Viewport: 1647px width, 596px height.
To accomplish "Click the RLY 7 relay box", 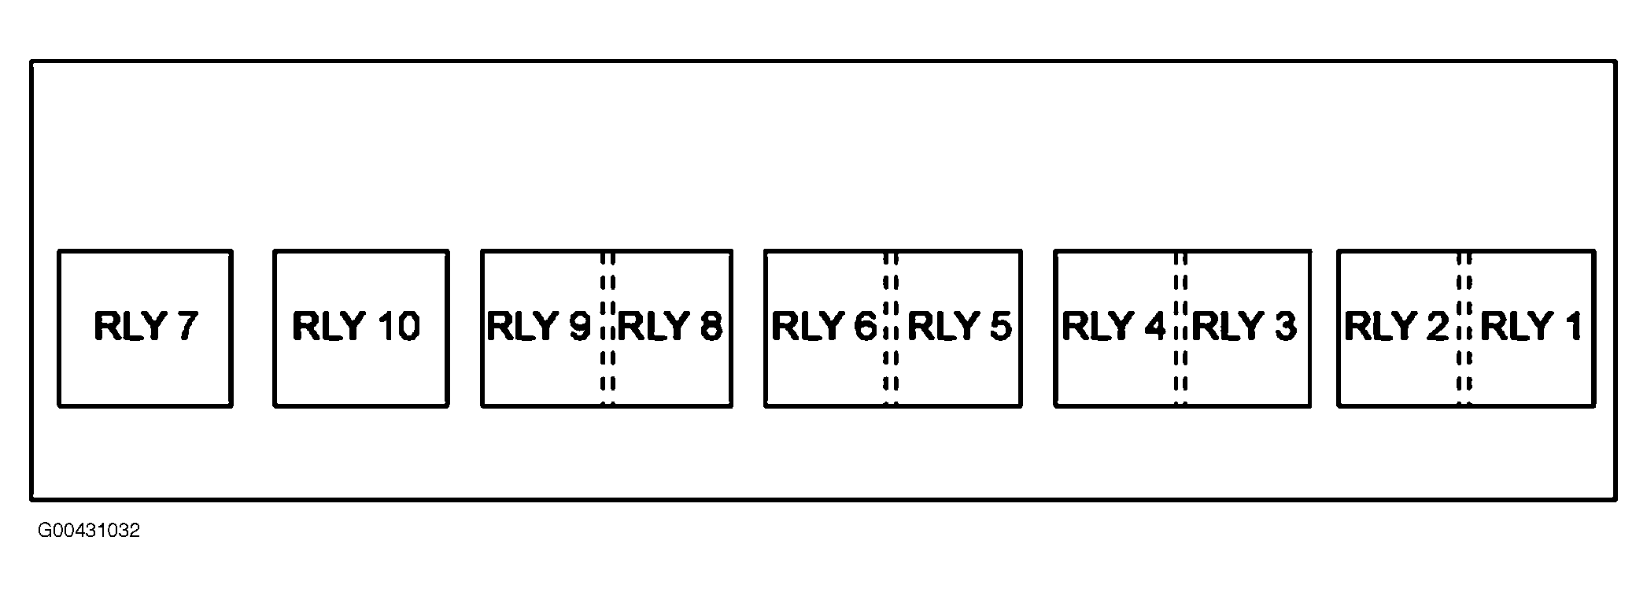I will (x=145, y=328).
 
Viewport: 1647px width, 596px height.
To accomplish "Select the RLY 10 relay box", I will (x=360, y=328).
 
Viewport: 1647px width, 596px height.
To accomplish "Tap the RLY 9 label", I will (x=538, y=326).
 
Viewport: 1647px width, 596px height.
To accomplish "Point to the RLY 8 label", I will (x=670, y=326).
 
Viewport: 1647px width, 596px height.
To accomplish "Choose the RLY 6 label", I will (x=823, y=326).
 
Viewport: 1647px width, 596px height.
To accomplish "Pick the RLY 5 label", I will (x=959, y=326).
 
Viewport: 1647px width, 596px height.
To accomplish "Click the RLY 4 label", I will (x=1113, y=326).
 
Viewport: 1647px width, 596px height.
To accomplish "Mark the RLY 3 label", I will (x=1244, y=326).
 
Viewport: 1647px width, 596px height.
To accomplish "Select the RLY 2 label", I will (x=1396, y=326).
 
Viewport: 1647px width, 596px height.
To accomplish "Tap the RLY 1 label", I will (x=1531, y=326).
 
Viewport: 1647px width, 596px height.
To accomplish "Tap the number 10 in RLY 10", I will (x=399, y=326).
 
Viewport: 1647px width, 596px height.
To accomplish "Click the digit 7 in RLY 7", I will (x=186, y=326).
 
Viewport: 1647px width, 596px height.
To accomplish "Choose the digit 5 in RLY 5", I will (x=999, y=326).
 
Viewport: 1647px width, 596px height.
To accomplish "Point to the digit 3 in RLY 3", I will (x=1284, y=326).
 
